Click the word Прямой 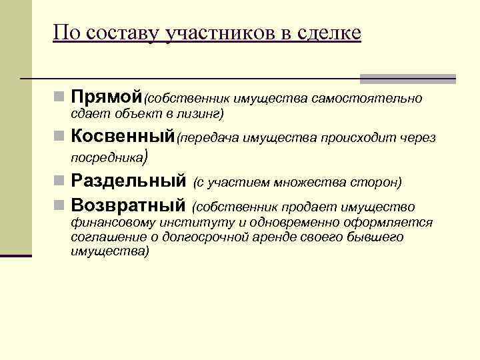[x=107, y=98]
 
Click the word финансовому [x=111, y=223]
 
